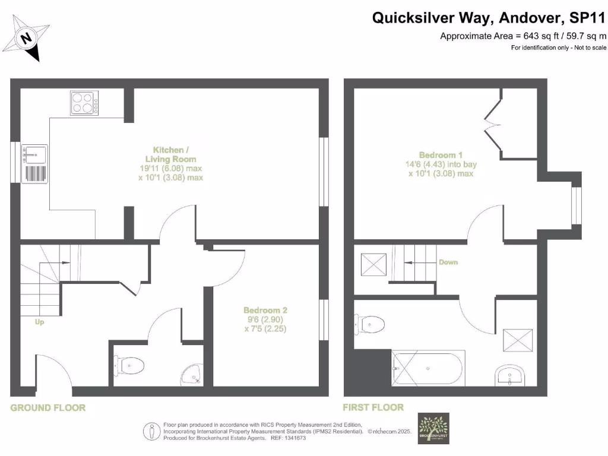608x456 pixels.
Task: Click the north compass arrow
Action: click(x=27, y=39)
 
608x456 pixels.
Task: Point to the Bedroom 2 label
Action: click(x=265, y=319)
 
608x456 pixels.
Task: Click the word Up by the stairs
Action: click(x=40, y=322)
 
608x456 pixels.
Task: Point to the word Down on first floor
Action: click(x=448, y=262)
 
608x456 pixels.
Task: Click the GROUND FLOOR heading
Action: click(x=48, y=408)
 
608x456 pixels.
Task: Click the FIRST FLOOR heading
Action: click(x=373, y=407)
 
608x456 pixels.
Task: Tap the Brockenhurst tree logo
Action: click(x=433, y=428)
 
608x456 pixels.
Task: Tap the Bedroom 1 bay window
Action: click(x=575, y=205)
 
